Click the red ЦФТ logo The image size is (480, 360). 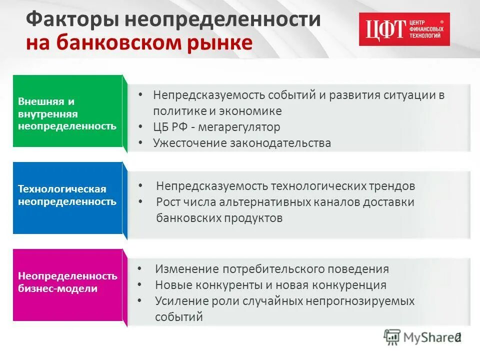(x=404, y=29)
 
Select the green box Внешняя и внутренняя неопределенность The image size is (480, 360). (x=67, y=111)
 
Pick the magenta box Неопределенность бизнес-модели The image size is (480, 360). (x=67, y=283)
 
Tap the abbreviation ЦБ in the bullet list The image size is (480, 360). (x=161, y=127)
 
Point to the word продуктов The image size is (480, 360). (x=253, y=218)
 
